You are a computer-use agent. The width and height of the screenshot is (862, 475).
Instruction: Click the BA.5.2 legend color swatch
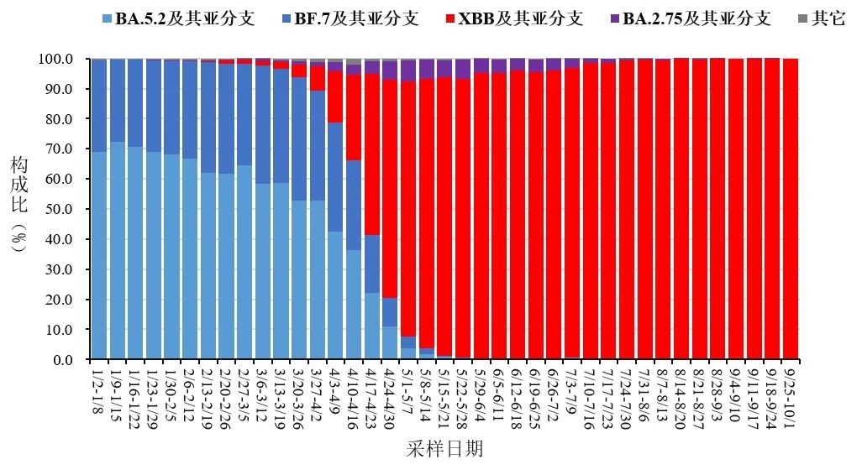(x=108, y=18)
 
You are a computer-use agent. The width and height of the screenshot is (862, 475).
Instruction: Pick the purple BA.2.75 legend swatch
(x=616, y=18)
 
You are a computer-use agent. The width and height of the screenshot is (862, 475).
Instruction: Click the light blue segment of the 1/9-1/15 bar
(x=117, y=252)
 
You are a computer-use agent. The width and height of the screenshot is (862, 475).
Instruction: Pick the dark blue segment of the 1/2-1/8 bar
(x=99, y=106)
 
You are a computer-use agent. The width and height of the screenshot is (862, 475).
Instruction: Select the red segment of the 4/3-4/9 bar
(x=335, y=97)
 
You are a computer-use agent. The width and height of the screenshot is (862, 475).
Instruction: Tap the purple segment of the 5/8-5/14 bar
(x=426, y=69)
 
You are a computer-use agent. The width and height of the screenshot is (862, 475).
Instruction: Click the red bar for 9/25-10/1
(x=791, y=210)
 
